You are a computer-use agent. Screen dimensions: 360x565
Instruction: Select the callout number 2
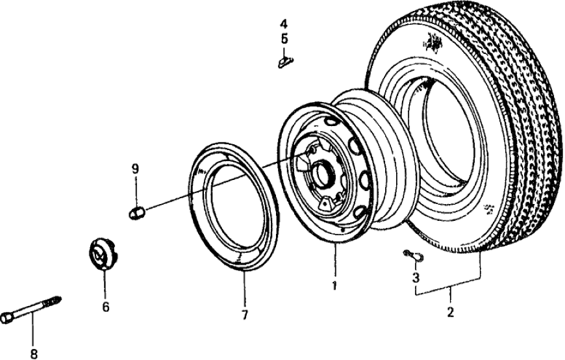coord(449,312)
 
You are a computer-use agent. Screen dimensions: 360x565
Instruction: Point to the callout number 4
coord(284,24)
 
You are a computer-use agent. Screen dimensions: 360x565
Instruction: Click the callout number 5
coord(284,38)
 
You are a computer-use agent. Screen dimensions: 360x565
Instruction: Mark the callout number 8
coord(34,354)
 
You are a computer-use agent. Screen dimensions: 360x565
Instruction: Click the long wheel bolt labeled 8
coord(32,310)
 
